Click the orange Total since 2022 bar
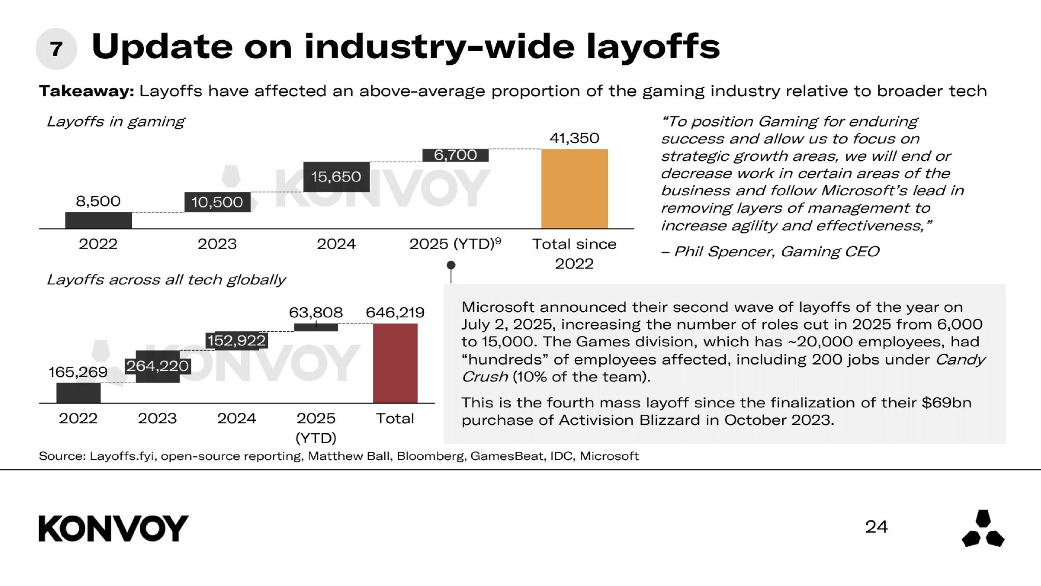[575, 189]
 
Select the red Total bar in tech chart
[395, 363]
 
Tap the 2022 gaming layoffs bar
[98, 220]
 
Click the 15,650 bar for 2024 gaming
[336, 177]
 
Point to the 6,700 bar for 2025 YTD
[455, 155]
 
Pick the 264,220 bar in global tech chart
[157, 366]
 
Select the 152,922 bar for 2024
[236, 340]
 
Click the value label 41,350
[574, 138]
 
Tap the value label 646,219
[395, 313]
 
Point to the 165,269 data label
[78, 372]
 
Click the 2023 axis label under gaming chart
[217, 244]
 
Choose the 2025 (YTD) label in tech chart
[316, 427]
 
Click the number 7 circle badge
[56, 49]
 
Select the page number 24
[876, 527]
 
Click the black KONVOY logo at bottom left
[113, 528]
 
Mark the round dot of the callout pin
[451, 265]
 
